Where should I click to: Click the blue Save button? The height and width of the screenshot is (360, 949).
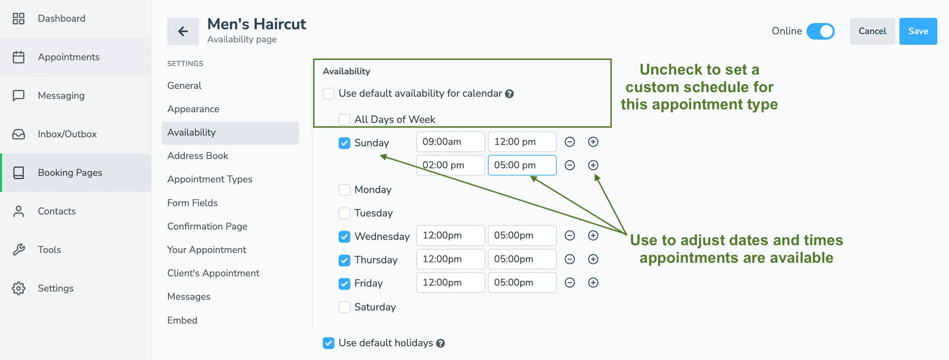(918, 31)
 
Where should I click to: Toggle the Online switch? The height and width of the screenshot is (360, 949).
(820, 31)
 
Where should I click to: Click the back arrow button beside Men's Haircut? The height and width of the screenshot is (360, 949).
(183, 31)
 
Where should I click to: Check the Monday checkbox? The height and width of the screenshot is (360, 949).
(344, 190)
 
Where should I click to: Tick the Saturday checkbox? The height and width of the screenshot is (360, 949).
(344, 307)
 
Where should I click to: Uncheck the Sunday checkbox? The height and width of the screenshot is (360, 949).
(344, 143)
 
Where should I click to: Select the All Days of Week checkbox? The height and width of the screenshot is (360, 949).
(344, 119)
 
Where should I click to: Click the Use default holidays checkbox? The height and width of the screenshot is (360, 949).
(328, 343)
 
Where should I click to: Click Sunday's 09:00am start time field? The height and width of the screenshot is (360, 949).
(450, 142)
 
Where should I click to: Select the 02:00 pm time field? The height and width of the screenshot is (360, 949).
(450, 165)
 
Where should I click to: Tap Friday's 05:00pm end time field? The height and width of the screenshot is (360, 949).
(522, 283)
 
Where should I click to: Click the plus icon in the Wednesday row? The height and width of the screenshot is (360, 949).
(593, 235)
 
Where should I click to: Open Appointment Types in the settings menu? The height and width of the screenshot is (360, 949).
(210, 179)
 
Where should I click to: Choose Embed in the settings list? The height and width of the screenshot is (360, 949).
(182, 320)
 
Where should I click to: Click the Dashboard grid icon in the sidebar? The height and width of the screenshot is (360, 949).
(19, 19)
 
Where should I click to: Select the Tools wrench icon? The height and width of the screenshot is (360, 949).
(19, 250)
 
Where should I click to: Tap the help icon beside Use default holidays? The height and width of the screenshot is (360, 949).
(440, 343)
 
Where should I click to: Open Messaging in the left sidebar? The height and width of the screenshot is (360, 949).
(61, 95)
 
